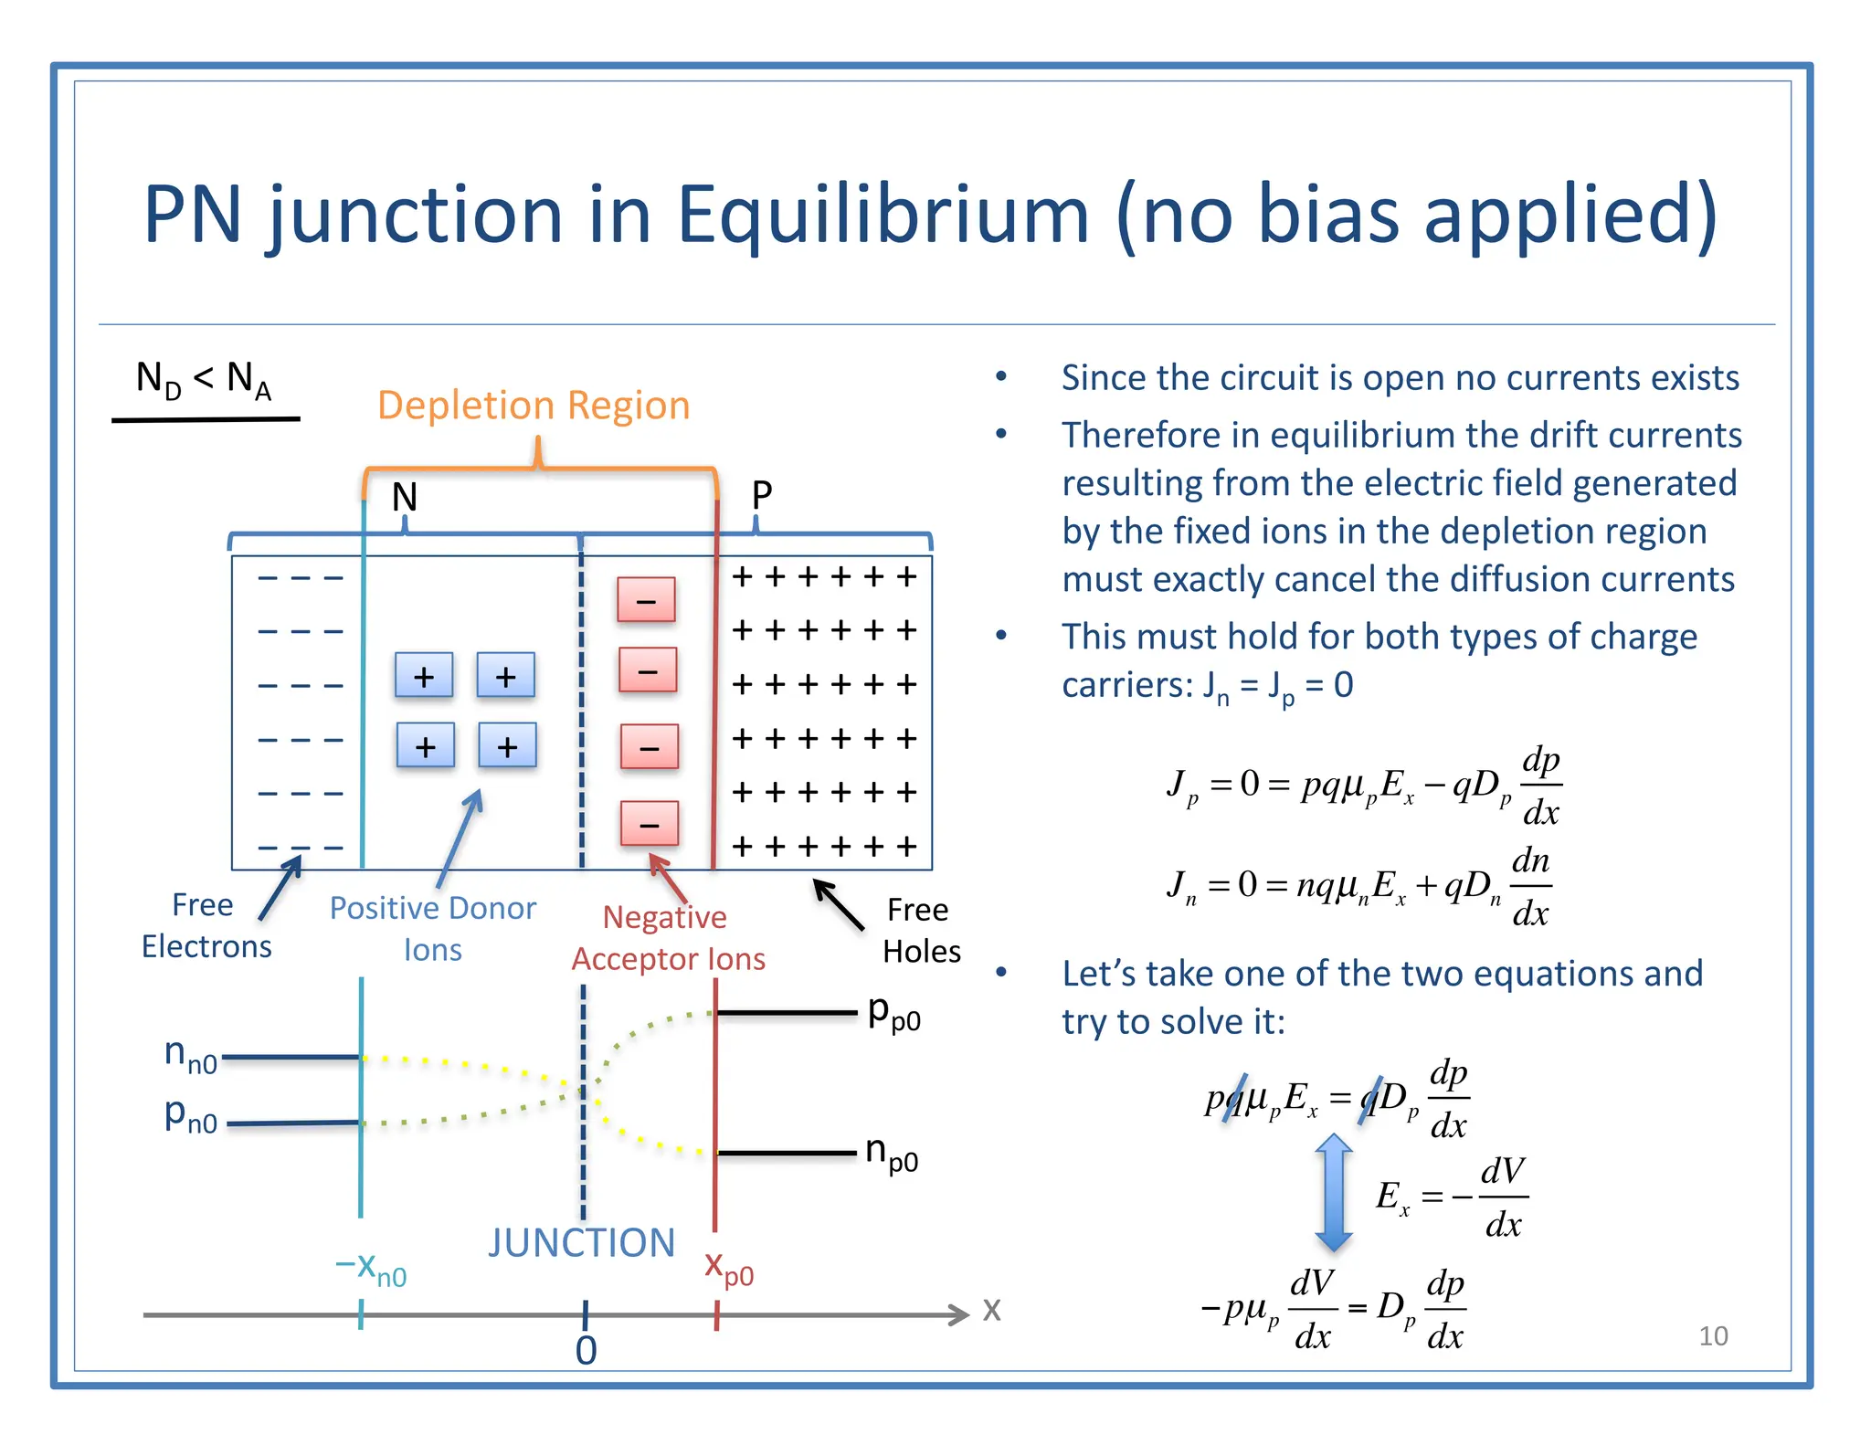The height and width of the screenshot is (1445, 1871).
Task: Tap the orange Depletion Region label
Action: tap(534, 406)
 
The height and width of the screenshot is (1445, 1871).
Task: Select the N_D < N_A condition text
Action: tap(204, 379)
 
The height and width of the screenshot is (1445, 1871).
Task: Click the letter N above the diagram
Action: tap(405, 498)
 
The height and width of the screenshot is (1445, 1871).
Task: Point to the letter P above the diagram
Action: tap(761, 496)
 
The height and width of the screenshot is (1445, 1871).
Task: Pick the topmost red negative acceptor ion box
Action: tap(646, 600)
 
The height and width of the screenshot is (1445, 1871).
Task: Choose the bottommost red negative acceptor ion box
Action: tap(650, 824)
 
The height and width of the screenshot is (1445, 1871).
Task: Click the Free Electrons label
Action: tap(206, 925)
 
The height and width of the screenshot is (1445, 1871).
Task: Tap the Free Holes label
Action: tap(921, 931)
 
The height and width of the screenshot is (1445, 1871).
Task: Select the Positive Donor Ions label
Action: tap(432, 928)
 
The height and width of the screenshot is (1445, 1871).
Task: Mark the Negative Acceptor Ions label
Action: tap(668, 938)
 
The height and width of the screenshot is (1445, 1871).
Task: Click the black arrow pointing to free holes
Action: tap(838, 904)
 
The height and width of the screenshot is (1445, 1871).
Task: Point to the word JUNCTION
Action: tap(581, 1243)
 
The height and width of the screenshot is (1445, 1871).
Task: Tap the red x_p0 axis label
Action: tap(728, 1269)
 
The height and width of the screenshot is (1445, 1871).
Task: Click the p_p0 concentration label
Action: tap(893, 1014)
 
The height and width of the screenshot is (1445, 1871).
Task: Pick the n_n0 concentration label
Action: tap(190, 1056)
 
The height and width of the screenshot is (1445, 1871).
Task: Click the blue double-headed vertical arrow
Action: tap(1334, 1192)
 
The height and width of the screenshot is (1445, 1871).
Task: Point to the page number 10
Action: tap(1713, 1336)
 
